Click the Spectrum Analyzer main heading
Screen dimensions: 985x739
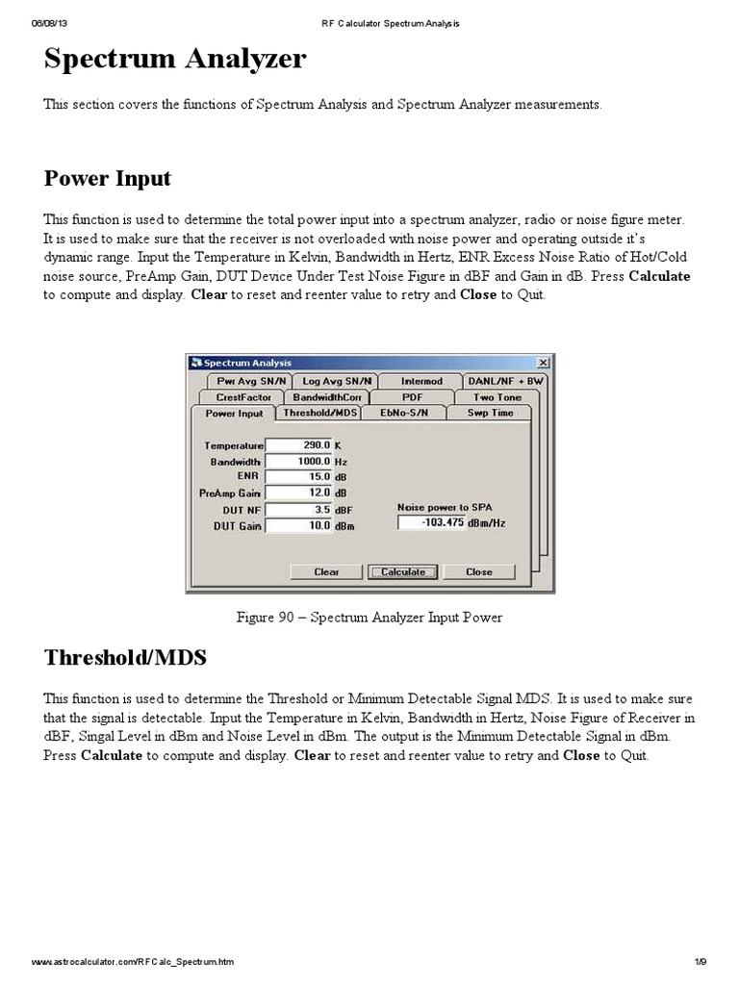point(175,61)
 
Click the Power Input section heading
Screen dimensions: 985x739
point(107,179)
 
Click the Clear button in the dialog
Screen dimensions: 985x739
point(326,571)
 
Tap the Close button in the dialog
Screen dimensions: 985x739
point(478,571)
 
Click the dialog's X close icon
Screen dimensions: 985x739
point(543,363)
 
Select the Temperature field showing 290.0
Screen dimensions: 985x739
point(298,445)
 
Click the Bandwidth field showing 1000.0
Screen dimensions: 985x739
point(298,462)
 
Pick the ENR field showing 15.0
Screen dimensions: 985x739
point(298,477)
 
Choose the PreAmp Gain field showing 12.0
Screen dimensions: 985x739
point(298,493)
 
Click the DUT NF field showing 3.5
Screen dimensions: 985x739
point(298,510)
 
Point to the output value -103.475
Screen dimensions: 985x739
point(431,522)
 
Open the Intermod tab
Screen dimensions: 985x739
point(421,381)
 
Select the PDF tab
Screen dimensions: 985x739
point(412,396)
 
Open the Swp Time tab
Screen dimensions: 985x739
point(491,413)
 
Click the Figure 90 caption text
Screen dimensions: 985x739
point(369,618)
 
